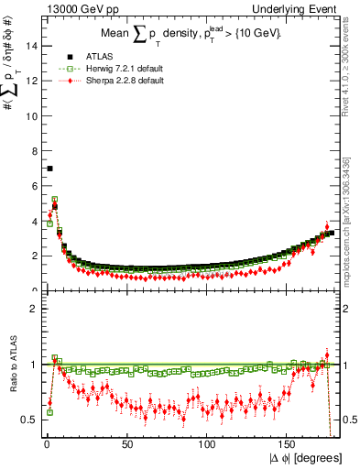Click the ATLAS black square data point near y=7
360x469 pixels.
click(x=49, y=169)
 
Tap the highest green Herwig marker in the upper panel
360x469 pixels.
click(x=55, y=199)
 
